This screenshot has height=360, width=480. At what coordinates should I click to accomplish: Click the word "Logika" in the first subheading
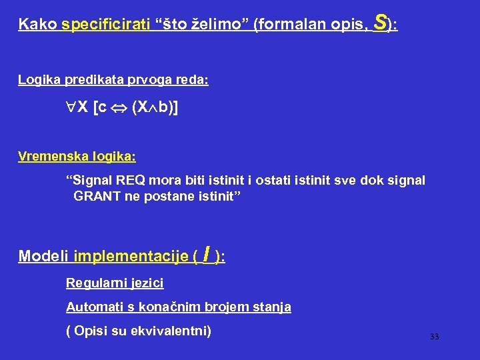point(37,80)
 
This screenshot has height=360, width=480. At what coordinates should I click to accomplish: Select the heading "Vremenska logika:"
point(77,157)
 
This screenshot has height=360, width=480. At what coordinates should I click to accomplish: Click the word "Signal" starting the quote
point(93,181)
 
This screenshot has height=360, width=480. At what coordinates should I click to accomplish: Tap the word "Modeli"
point(44,257)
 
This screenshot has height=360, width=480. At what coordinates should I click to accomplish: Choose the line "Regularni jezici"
point(115,283)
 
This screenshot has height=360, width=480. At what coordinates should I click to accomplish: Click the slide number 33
point(435,337)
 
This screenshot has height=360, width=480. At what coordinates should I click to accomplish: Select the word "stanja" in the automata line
point(273,307)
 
